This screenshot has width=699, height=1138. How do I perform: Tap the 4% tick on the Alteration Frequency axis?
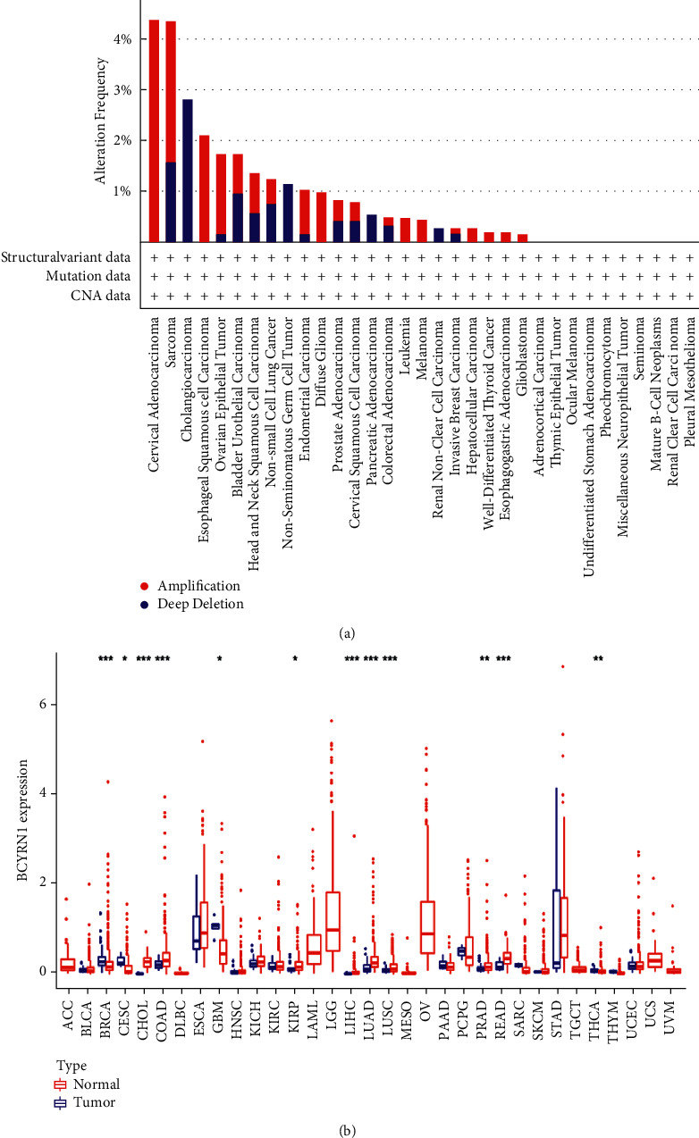[121, 39]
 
